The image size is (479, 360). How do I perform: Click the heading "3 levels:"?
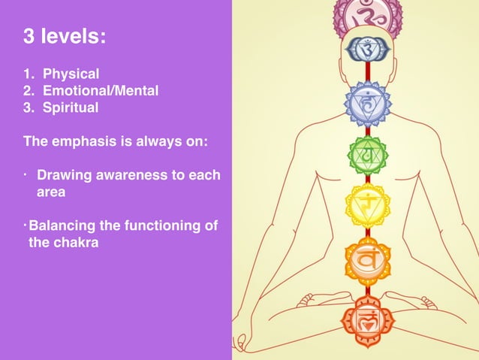tap(65, 37)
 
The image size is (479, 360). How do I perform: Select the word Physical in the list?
tap(71, 74)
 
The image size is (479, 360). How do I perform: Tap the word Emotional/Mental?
tap(101, 91)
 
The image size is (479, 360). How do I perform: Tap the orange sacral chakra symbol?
tap(367, 261)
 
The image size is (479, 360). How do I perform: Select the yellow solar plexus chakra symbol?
tap(367, 204)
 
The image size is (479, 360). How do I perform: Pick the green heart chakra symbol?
tap(367, 155)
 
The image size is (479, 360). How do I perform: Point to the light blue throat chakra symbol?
tap(367, 103)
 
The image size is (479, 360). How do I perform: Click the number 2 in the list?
tap(28, 91)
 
